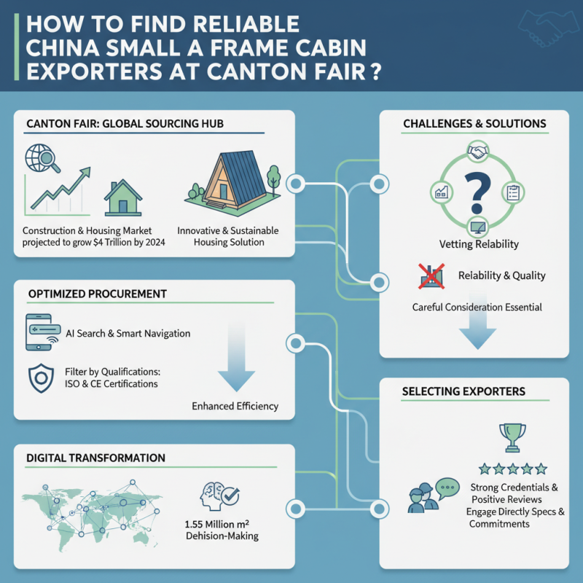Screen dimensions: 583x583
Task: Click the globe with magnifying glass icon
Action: point(39,158)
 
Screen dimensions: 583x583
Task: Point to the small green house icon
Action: point(122,198)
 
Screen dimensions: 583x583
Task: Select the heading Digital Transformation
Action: point(95,458)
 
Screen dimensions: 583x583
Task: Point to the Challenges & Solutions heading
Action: point(474,124)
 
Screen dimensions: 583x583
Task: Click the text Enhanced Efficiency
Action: point(235,406)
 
